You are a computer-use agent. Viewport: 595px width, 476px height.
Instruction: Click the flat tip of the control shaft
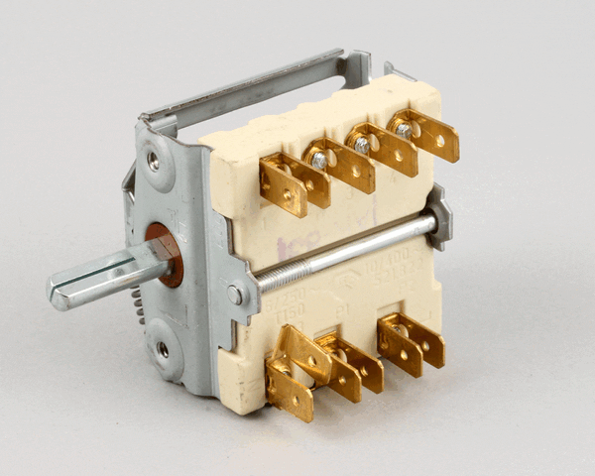[61, 292]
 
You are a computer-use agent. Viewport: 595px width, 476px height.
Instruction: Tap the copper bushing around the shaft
[165, 254]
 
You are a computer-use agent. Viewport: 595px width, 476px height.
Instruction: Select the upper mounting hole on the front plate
[154, 159]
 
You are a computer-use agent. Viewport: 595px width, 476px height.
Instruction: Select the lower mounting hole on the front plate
[162, 350]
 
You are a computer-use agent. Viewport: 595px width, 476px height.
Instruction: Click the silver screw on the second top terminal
[318, 160]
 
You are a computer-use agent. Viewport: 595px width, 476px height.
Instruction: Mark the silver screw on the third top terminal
[361, 145]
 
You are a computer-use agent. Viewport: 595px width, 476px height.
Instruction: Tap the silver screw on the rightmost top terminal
[403, 129]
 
